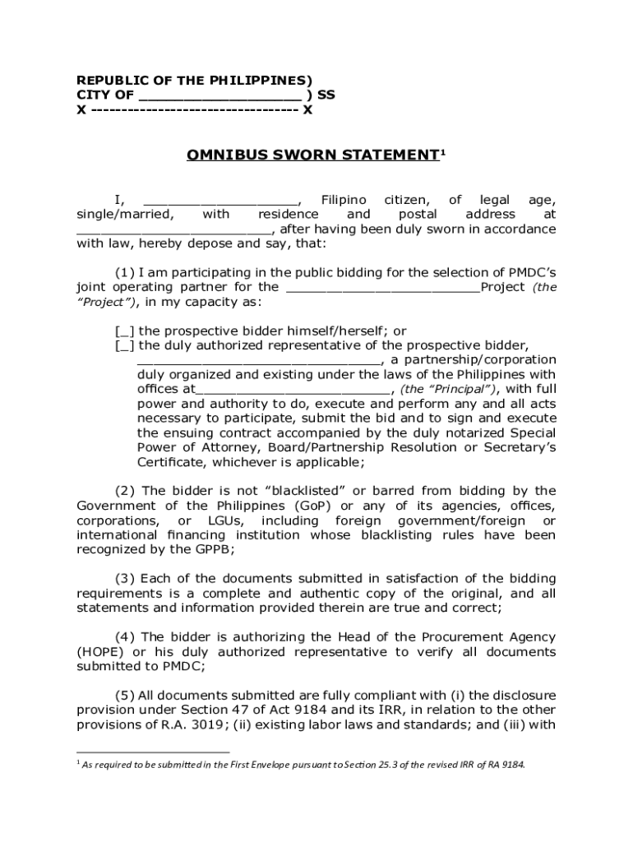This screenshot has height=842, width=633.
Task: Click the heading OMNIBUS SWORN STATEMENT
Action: click(312, 155)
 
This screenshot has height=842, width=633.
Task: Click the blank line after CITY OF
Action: click(215, 95)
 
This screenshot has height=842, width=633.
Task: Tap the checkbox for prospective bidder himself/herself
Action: click(125, 331)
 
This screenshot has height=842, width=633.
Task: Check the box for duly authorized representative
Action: click(125, 345)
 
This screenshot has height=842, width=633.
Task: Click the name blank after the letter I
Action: click(220, 200)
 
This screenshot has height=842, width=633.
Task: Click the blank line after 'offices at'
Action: click(293, 389)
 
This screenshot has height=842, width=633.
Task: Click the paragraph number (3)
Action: click(126, 579)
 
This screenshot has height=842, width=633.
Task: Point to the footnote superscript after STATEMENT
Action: click(443, 151)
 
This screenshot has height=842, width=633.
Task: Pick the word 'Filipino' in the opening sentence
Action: click(344, 200)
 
